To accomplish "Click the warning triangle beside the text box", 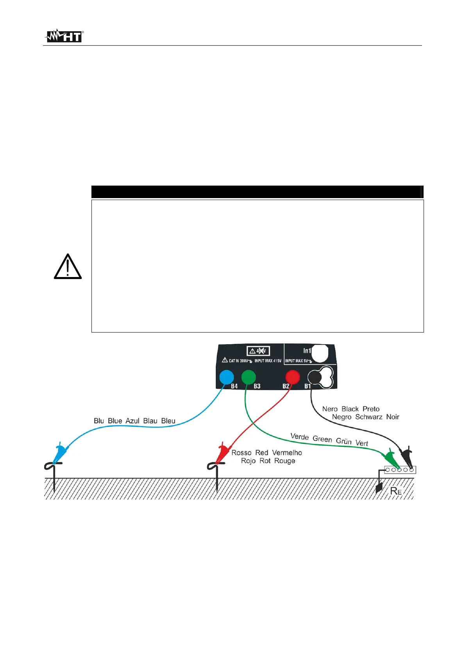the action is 68,267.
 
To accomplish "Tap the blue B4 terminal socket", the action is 226,377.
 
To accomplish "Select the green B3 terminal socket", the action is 249,377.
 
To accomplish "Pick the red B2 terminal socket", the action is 292,377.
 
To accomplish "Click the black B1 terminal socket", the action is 315,377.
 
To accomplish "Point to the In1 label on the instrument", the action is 307,351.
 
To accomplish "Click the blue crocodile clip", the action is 60,454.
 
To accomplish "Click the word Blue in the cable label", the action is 115,421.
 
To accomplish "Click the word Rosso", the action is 241,452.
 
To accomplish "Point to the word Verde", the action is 299,437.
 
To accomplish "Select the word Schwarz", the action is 368,417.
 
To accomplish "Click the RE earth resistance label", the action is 395,491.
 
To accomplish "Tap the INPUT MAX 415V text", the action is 268,361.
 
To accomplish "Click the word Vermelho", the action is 287,452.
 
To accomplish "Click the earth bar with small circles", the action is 400,470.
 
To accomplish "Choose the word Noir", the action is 393,417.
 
